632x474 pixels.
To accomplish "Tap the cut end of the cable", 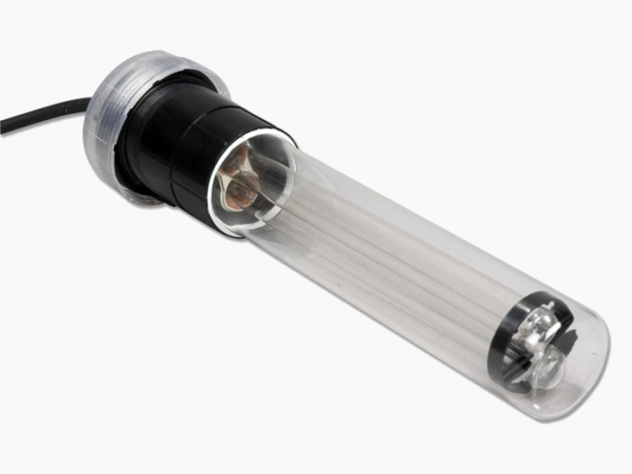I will click(x=3, y=126).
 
